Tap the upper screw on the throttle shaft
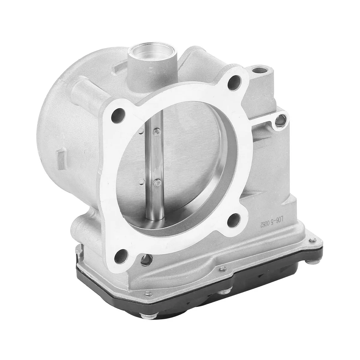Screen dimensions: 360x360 (x=156, y=130)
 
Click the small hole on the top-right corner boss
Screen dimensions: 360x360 (x=256, y=71)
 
